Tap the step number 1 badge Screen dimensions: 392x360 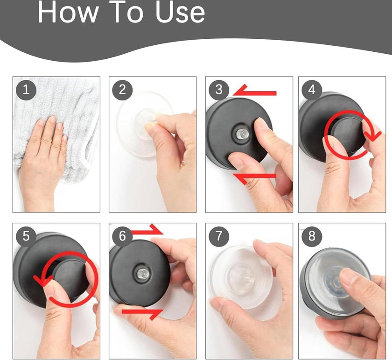[26, 90]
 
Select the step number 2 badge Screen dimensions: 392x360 [122, 90]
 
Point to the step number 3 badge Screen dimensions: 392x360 [219, 90]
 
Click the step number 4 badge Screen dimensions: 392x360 [312, 90]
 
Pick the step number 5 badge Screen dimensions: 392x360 [26, 236]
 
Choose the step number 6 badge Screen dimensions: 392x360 [122, 236]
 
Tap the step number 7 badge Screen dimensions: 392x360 [219, 236]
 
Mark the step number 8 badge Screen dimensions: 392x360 [312, 236]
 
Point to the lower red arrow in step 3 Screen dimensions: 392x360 [254, 177]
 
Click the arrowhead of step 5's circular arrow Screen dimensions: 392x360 [42, 280]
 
